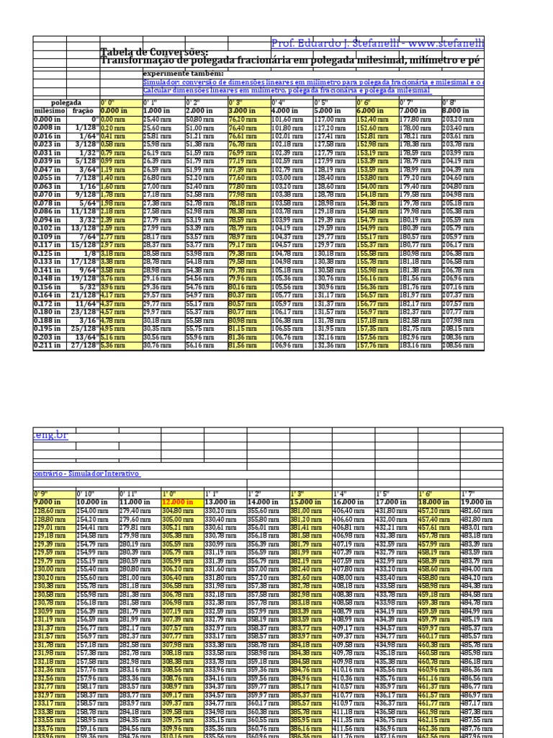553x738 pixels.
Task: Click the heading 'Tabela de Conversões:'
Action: click(x=154, y=53)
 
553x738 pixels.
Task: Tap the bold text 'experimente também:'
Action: click(x=183, y=74)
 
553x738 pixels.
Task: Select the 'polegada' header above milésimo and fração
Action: click(x=66, y=103)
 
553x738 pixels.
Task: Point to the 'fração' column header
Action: click(x=84, y=110)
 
